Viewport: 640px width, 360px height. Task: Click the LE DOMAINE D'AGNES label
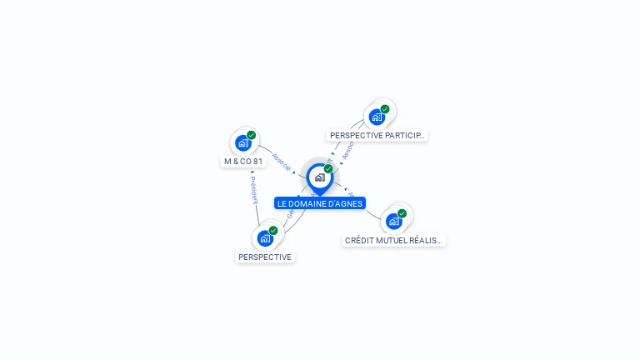click(x=320, y=203)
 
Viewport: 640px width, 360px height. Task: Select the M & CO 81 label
click(x=243, y=161)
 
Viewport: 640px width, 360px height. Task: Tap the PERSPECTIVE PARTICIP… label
click(x=377, y=135)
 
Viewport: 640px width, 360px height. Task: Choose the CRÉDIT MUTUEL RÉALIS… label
click(x=394, y=240)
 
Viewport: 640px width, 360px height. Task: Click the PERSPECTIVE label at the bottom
click(x=265, y=257)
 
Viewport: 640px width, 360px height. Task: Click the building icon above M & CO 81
click(x=243, y=143)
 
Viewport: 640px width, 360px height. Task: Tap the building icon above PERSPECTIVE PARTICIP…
click(x=377, y=117)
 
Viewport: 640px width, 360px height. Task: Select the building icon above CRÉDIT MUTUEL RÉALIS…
click(x=394, y=222)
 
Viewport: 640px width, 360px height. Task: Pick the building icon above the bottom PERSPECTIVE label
click(x=265, y=239)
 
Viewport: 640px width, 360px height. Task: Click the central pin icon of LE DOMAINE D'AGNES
click(x=319, y=177)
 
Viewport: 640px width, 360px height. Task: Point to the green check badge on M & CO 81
click(x=251, y=135)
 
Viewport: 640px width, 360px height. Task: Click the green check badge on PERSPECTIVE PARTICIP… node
click(x=385, y=109)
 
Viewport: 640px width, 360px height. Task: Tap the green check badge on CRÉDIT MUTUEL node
click(x=402, y=213)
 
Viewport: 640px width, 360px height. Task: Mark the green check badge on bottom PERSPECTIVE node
click(x=273, y=231)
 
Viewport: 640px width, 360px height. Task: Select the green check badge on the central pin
click(x=328, y=168)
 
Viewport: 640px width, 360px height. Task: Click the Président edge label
click(x=253, y=189)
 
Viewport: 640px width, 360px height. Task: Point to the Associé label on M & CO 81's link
click(x=282, y=162)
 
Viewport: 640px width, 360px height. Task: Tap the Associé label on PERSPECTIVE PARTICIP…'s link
click(x=348, y=147)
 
